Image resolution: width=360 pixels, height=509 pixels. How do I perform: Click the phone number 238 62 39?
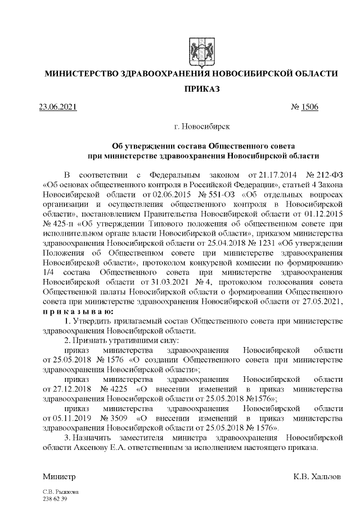(55, 499)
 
